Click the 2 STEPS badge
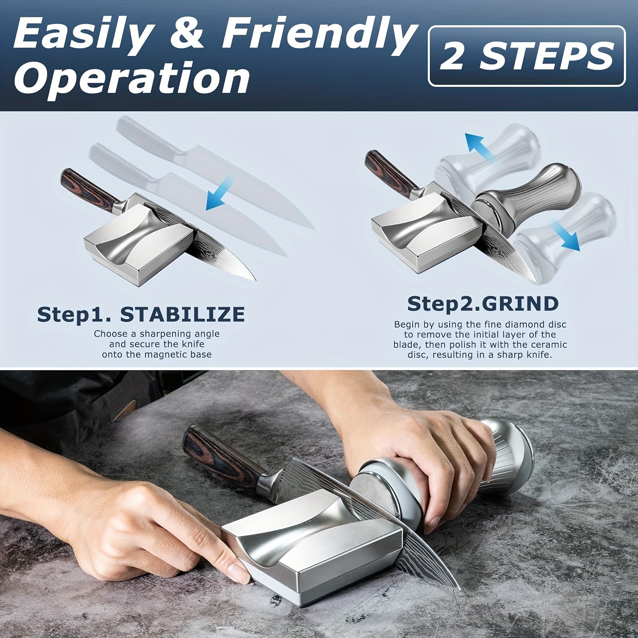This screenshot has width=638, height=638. tap(527, 56)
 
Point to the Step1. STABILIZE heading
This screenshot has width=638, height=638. tap(141, 314)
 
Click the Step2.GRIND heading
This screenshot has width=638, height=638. tap(483, 304)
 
